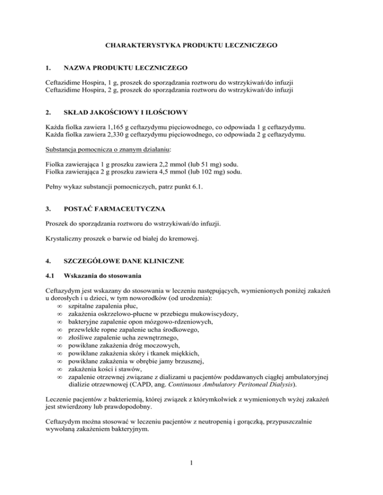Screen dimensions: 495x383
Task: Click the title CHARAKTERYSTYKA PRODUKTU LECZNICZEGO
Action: (x=191, y=45)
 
